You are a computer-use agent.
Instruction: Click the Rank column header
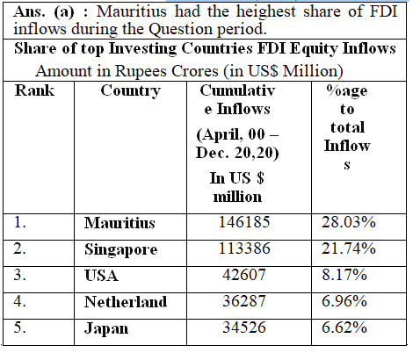[34, 90]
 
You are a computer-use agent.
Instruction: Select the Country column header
[131, 91]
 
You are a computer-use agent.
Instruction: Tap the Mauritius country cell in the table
[119, 223]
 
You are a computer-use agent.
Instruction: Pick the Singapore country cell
[121, 249]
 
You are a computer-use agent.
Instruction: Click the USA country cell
[101, 276]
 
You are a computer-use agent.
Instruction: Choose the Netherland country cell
[126, 302]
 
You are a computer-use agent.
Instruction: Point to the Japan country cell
[106, 328]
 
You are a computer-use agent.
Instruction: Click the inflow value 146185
[244, 222]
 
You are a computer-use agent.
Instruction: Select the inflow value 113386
[244, 248]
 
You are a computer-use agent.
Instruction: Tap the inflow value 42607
[244, 275]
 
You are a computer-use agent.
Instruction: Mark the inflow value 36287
[244, 301]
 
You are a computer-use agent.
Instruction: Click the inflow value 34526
[244, 328]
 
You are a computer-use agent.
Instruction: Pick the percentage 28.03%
[349, 222]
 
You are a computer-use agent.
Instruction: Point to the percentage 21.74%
[349, 248]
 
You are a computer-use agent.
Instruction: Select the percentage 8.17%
[344, 275]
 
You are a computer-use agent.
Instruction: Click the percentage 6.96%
[344, 301]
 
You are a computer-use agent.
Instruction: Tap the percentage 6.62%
[344, 328]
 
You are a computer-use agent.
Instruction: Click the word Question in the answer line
[180, 30]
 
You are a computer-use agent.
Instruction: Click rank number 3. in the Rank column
[19, 275]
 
